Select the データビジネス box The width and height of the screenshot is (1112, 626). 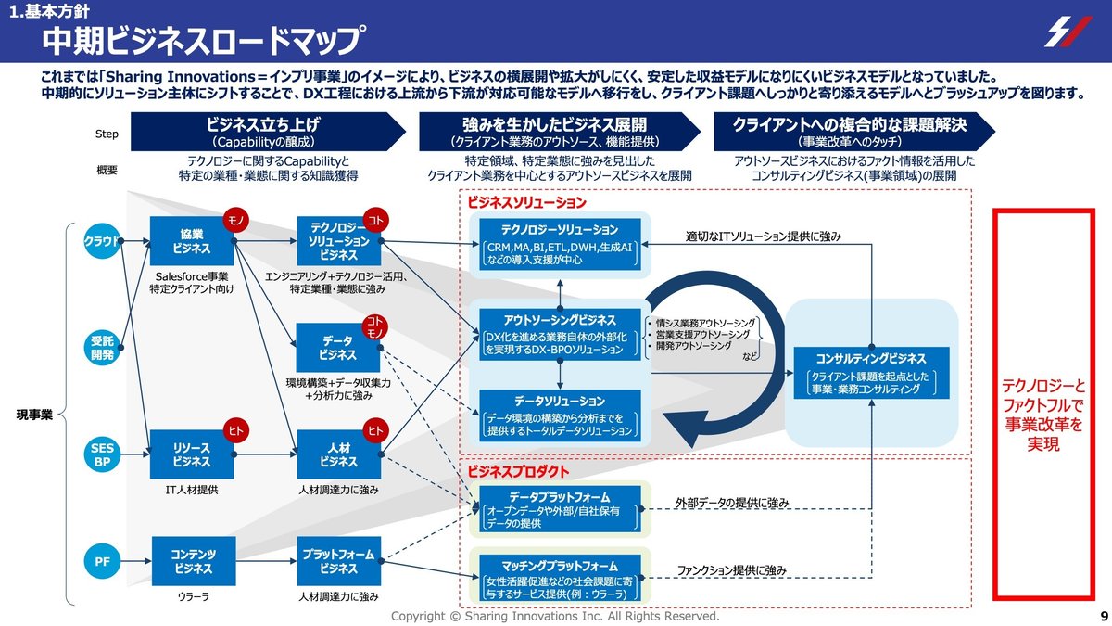point(338,347)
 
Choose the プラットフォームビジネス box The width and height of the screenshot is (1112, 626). point(338,561)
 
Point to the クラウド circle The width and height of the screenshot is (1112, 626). point(103,240)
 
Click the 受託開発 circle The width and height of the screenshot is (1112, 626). point(103,347)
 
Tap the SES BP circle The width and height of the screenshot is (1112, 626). point(103,454)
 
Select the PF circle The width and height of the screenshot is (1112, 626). point(103,561)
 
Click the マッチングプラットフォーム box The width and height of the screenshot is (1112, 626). point(560,579)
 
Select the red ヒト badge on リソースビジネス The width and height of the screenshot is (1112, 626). point(235,429)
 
